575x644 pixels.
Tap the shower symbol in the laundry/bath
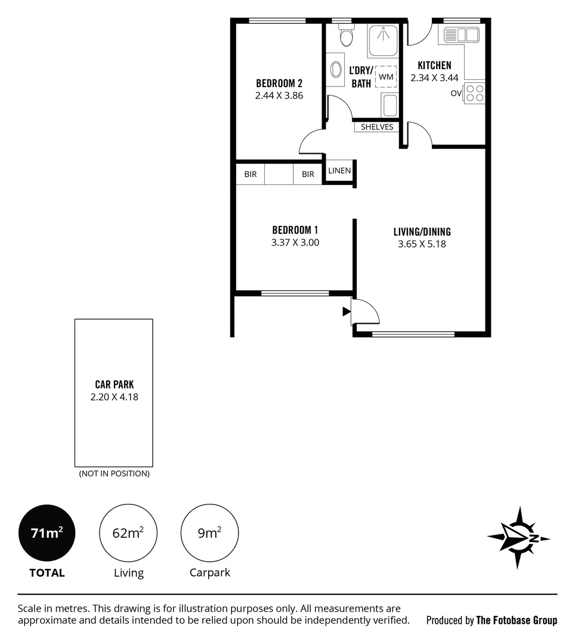coord(383,41)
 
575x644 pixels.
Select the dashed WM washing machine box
coord(386,76)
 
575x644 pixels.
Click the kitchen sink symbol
coord(461,35)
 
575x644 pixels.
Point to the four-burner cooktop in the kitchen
coord(474,93)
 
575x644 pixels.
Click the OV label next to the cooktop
coord(456,93)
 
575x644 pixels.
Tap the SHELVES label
coord(376,127)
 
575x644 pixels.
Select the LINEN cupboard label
coord(339,171)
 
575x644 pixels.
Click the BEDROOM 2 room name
coord(279,83)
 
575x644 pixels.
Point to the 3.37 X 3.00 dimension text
coord(295,242)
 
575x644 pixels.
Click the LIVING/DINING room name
coord(422,231)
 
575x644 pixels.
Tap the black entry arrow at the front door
coord(347,312)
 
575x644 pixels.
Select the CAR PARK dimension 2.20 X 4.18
coord(114,397)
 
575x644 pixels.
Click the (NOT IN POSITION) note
coord(114,473)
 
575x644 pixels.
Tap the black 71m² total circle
coord(47,532)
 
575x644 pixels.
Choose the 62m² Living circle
coord(128,532)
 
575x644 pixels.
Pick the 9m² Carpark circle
coord(209,532)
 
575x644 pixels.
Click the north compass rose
coord(518,538)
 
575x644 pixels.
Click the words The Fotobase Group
coord(517,620)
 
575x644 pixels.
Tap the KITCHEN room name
coord(434,66)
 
